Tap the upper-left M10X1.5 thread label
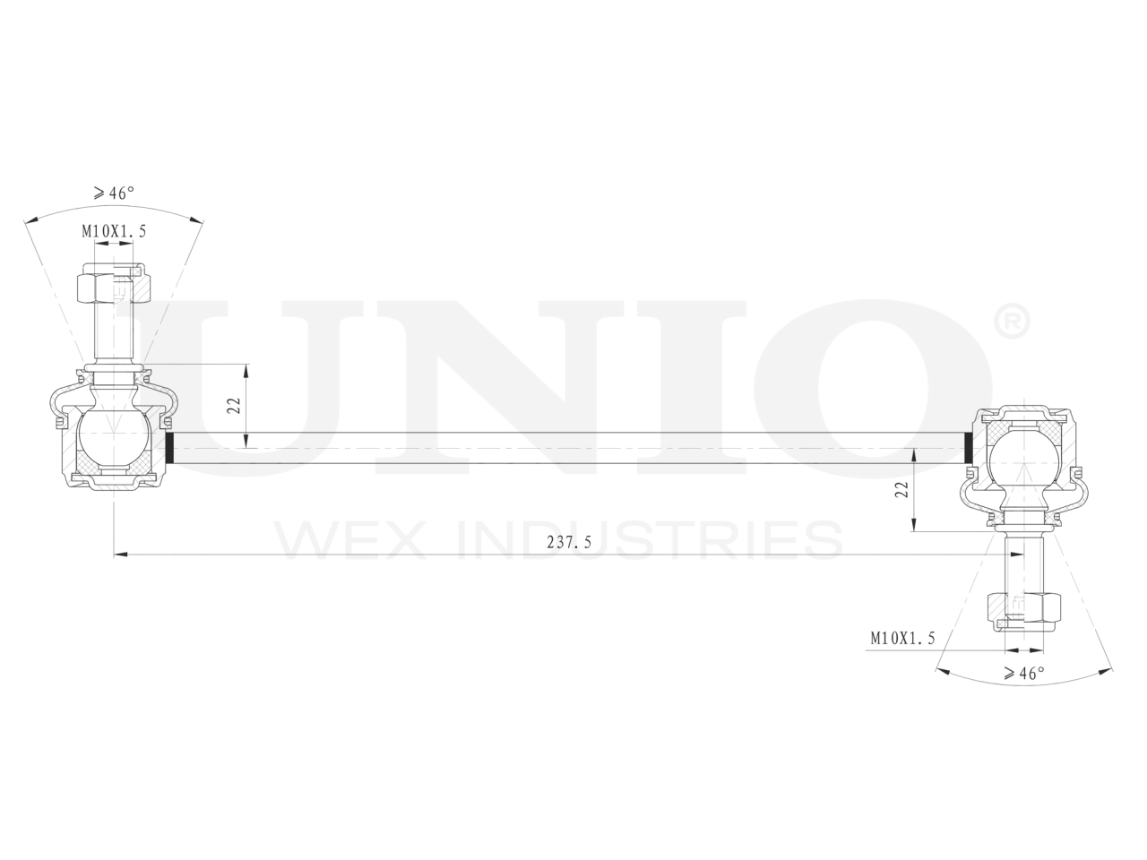[114, 231]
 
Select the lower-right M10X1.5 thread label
[902, 638]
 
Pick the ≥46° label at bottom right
[1024, 674]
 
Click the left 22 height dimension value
[233, 404]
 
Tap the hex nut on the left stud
[115, 287]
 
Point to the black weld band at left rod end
[168, 448]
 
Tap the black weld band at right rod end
[968, 448]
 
